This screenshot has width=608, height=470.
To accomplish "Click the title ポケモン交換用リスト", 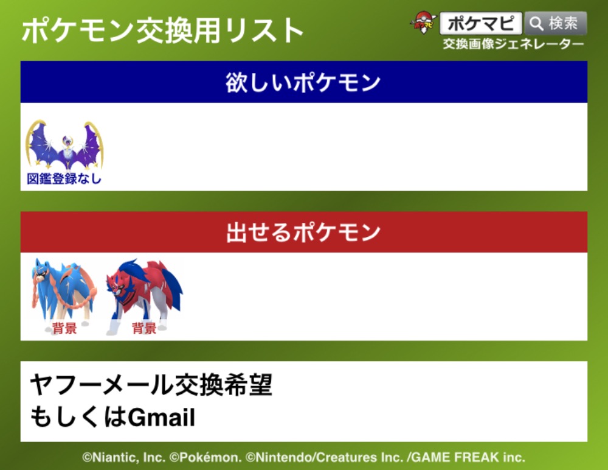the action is point(162,30).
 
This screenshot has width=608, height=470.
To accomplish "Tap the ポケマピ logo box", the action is point(481,23).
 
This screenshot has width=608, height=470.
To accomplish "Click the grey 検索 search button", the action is point(555,23).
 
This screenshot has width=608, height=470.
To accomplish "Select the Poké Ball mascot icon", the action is point(423,23).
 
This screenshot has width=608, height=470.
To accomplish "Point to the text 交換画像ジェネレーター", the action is point(513,44).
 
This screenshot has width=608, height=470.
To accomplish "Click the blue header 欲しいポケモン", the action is point(303,82).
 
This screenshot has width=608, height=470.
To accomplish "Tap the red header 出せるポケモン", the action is point(303,232).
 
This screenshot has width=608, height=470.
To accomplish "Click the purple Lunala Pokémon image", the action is point(64,144).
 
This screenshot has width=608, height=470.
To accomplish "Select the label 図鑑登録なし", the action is point(64,178).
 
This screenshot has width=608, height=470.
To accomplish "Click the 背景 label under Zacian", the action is point(64,328).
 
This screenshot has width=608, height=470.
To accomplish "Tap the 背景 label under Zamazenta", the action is point(144,328).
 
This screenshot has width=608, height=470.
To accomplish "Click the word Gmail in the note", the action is point(161,418).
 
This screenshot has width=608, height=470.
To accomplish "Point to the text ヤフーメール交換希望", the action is point(151,385).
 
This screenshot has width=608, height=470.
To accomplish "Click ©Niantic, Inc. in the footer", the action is point(124,457).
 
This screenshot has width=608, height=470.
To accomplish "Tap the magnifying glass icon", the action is point(537,23).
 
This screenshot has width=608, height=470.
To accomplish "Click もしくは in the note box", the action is point(78,417).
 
